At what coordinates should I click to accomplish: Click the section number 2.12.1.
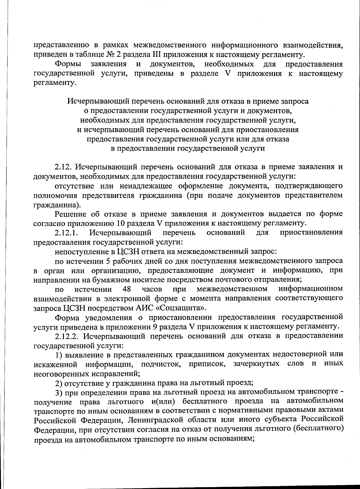[66, 233]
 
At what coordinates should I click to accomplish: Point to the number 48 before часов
[127, 289]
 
